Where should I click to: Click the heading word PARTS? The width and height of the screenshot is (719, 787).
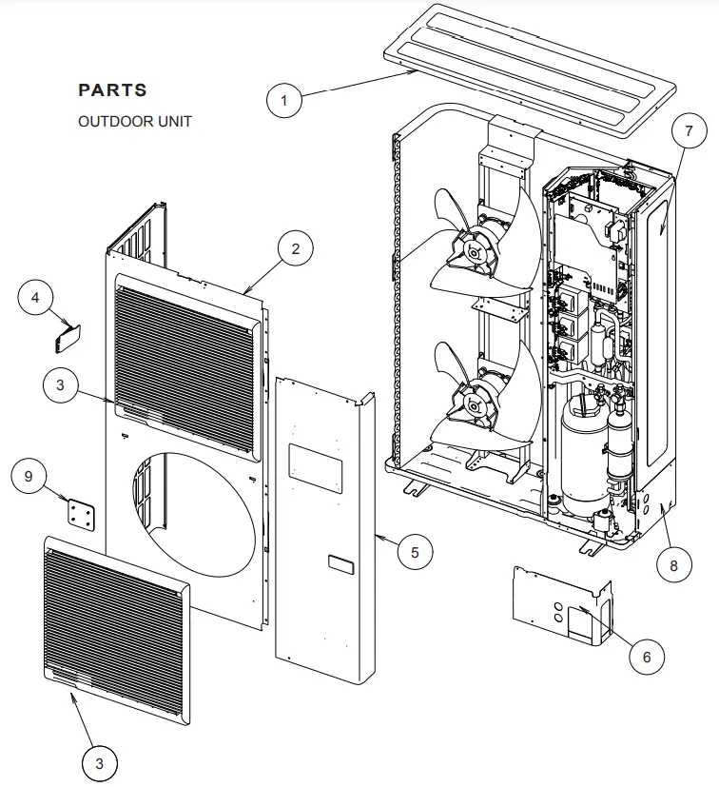click(x=112, y=90)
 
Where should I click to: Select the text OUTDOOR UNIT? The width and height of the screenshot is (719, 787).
click(x=134, y=122)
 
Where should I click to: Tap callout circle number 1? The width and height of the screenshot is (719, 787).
click(x=284, y=99)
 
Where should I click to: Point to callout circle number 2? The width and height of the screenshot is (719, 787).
click(x=296, y=249)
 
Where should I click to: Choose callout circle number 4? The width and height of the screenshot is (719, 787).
click(x=36, y=299)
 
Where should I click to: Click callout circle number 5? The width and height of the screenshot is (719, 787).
click(x=415, y=551)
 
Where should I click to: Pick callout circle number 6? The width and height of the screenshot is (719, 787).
click(x=646, y=657)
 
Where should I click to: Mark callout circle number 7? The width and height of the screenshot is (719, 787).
click(x=690, y=133)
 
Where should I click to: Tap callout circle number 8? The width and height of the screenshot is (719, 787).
click(x=673, y=565)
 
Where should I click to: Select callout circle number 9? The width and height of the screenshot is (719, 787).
click(x=29, y=476)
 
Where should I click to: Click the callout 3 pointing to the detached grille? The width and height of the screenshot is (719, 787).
click(x=100, y=762)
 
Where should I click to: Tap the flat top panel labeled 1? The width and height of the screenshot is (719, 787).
click(x=533, y=67)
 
